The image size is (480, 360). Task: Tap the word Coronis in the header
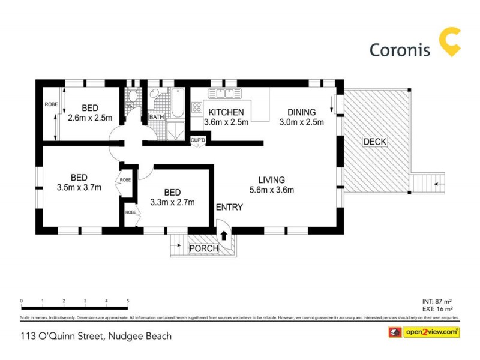(401, 50)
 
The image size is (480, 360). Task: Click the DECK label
(375, 142)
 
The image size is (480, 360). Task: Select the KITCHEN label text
(226, 112)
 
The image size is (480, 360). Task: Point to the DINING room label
(301, 112)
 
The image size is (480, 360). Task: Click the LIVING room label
(271, 179)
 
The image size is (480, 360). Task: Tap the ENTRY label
(229, 208)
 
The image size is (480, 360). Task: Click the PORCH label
(203, 248)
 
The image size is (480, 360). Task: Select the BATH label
(157, 117)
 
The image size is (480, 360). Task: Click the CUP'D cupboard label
(198, 140)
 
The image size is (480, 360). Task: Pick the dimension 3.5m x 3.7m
(79, 187)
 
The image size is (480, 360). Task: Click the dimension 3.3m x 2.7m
(172, 202)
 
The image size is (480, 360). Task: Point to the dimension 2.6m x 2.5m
(90, 118)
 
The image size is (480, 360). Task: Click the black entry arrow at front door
(224, 235)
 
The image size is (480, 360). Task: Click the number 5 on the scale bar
(128, 301)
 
